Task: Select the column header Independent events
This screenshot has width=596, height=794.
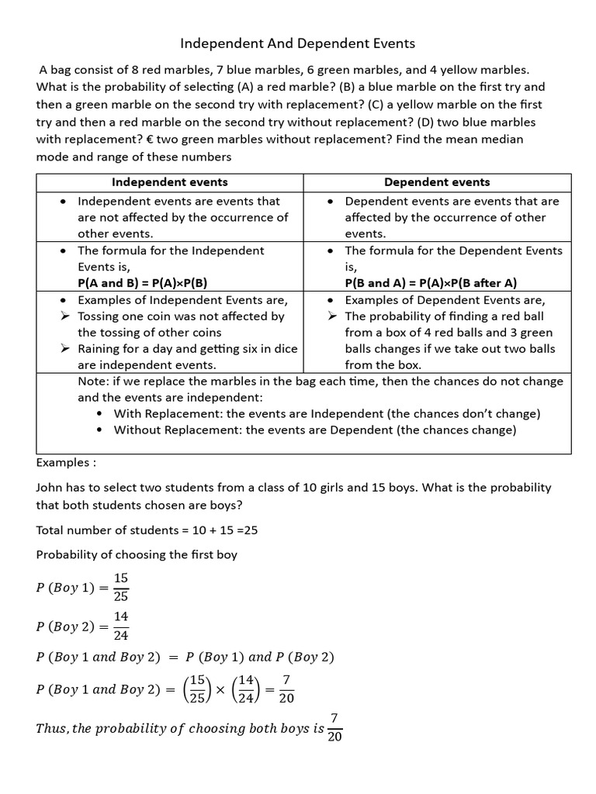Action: pos(170,182)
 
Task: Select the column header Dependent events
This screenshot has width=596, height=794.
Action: pos(437,182)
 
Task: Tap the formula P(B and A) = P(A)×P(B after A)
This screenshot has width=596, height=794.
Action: pos(431,283)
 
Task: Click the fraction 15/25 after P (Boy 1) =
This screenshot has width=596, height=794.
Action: pos(121,587)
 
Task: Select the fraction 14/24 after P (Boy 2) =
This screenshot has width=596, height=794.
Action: pos(121,625)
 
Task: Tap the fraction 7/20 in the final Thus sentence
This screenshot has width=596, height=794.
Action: pos(335,727)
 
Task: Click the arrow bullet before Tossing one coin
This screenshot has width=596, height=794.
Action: pos(65,316)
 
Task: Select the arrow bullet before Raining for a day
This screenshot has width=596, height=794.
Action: pos(65,349)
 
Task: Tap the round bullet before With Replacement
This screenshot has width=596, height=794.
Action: pos(100,414)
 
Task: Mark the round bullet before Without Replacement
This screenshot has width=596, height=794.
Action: pos(100,430)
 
